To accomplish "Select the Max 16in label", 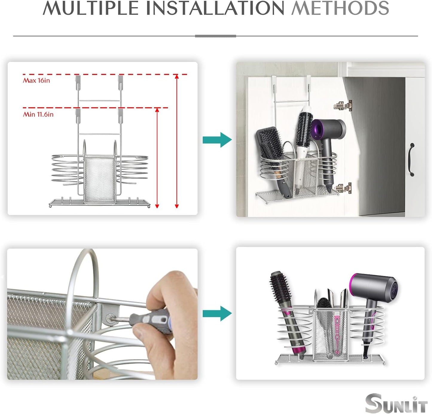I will point(36,80).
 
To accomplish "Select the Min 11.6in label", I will point(38,114).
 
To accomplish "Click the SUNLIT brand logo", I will point(396,404).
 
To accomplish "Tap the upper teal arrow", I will point(217,140).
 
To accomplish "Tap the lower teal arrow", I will point(217,313).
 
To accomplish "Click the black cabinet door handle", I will point(412,160).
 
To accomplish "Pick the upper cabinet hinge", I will point(343,105).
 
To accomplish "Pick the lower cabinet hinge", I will point(343,188).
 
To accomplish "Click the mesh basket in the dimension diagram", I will point(99,179).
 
